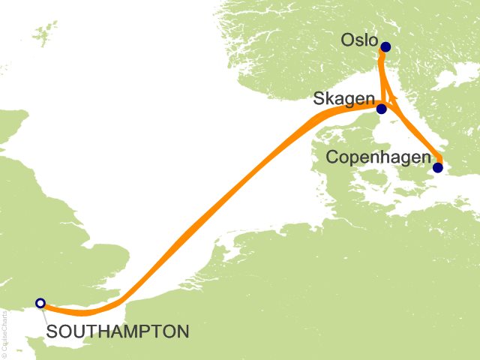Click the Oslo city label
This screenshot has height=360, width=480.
[358, 39]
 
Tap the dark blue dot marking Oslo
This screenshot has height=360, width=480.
[385, 47]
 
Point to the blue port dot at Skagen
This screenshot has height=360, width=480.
[381, 109]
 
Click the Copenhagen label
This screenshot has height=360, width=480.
[379, 158]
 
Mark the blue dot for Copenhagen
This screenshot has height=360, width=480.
[438, 167]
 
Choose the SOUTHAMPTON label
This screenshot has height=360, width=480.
[117, 330]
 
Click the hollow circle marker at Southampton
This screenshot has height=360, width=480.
[40, 303]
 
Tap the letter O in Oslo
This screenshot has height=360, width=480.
[347, 39]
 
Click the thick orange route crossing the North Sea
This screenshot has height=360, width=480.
[217, 202]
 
